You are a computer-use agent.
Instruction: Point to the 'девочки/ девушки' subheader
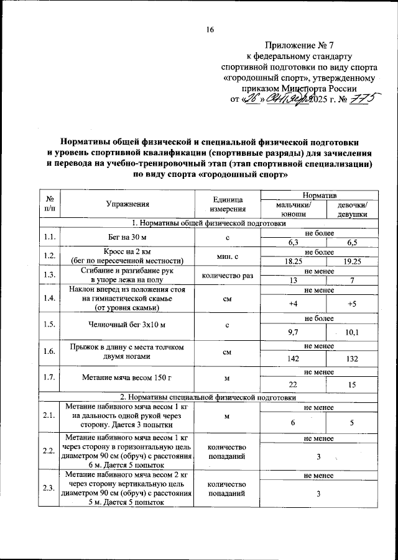click(351, 208)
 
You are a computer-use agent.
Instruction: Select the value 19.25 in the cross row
click(351, 262)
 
